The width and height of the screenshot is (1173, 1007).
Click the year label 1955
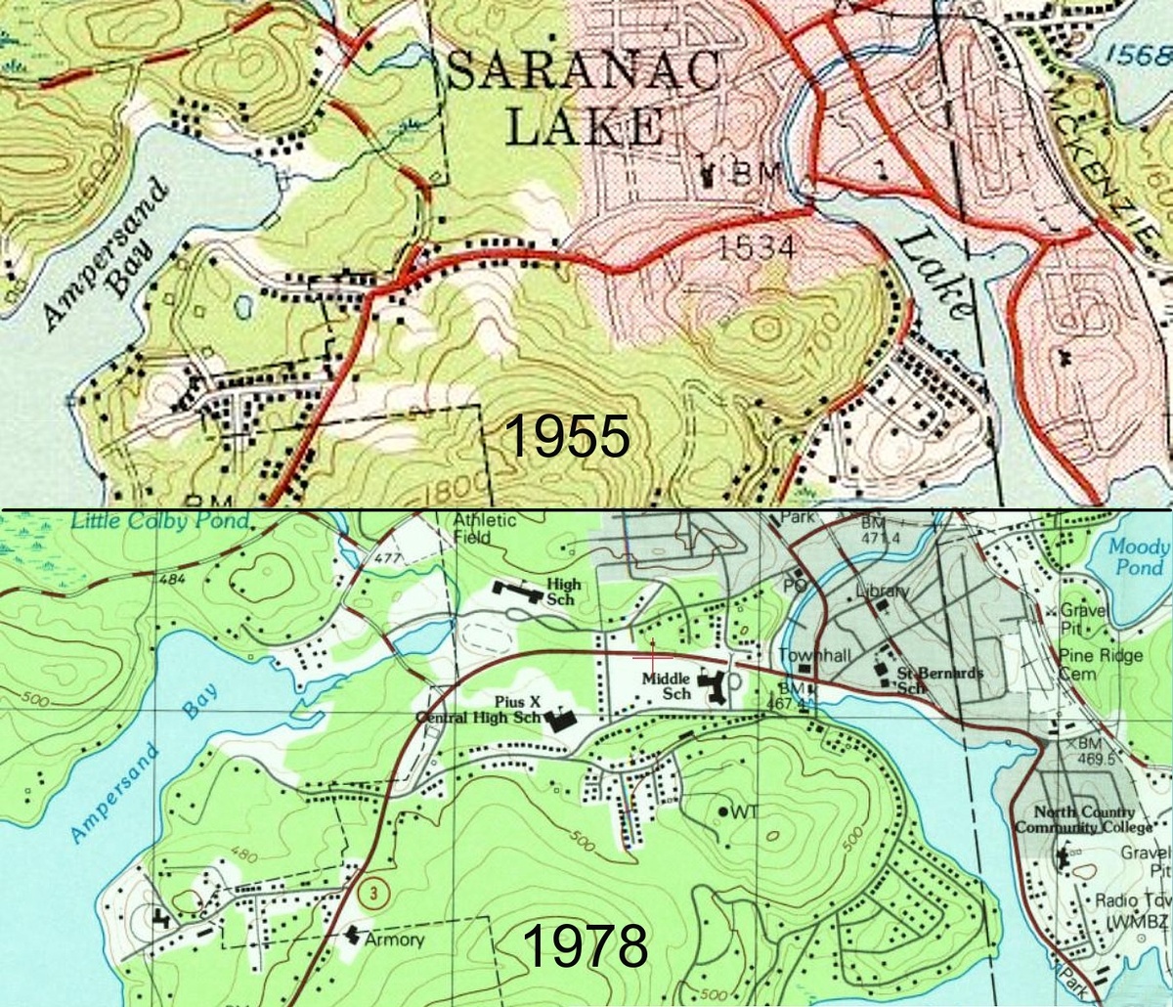[567, 437]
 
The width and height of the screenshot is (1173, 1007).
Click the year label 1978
[585, 945]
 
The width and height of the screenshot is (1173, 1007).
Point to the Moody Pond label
[1138, 557]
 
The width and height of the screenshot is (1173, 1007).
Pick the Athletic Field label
[484, 528]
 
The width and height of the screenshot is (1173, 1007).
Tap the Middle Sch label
[668, 685]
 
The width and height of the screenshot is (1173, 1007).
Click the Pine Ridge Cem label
[1100, 665]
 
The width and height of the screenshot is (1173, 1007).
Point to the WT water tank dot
[723, 811]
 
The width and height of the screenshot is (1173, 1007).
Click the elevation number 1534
[756, 248]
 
